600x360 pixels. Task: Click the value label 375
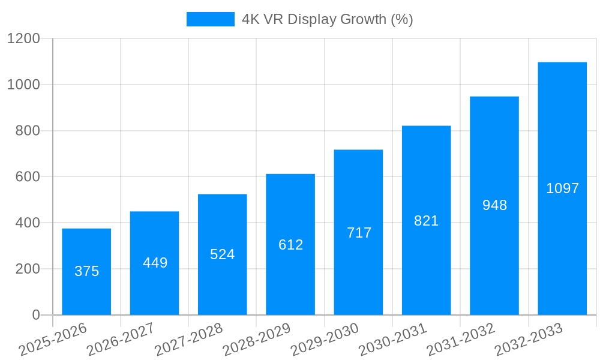pyautogui.click(x=86, y=271)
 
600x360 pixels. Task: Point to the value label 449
pyautogui.click(x=155, y=263)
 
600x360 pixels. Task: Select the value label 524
pyautogui.click(x=223, y=254)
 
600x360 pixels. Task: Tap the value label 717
pyautogui.click(x=359, y=233)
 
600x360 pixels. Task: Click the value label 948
pyautogui.click(x=494, y=205)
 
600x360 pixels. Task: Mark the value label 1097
pyautogui.click(x=562, y=188)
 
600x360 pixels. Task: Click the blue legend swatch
pyautogui.click(x=210, y=19)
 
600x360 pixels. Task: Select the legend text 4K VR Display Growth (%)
pyautogui.click(x=328, y=19)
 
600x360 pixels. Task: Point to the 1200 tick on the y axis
pyautogui.click(x=23, y=39)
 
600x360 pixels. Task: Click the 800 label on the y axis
pyautogui.click(x=28, y=131)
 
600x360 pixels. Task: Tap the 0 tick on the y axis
pyautogui.click(x=35, y=315)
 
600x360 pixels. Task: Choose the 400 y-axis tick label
pyautogui.click(x=28, y=223)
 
